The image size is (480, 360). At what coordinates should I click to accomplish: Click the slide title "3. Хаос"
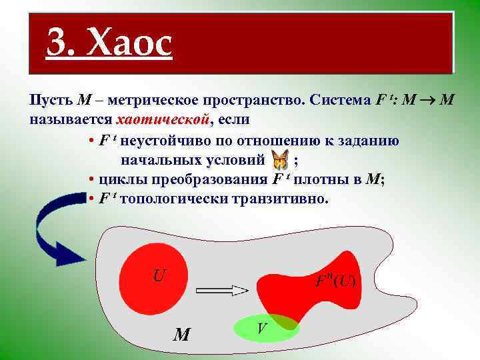tap(109, 44)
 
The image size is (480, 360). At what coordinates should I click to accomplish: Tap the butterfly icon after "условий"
tap(281, 160)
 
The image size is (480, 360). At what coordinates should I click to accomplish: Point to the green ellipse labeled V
tap(265, 328)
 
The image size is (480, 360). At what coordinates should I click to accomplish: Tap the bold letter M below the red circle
tap(181, 333)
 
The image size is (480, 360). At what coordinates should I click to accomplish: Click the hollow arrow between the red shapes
tap(222, 290)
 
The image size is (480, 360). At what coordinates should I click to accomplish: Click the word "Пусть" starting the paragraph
tap(51, 101)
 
